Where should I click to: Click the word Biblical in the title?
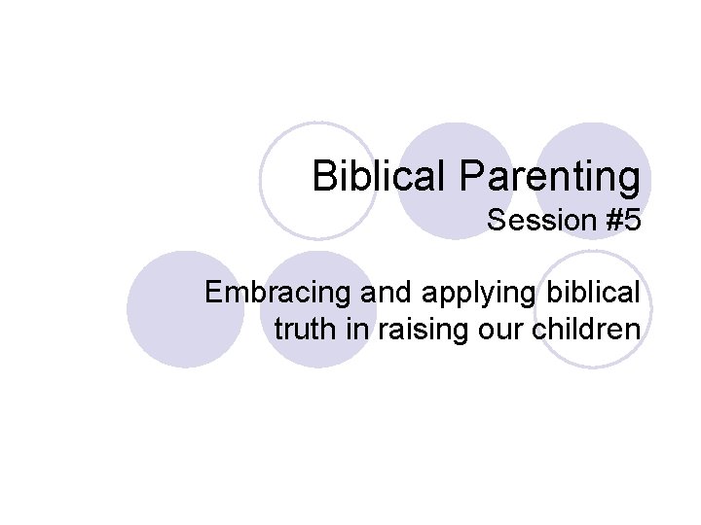pos(369,177)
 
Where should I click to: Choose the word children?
pos(583,329)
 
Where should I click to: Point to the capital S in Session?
pos(496,222)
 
